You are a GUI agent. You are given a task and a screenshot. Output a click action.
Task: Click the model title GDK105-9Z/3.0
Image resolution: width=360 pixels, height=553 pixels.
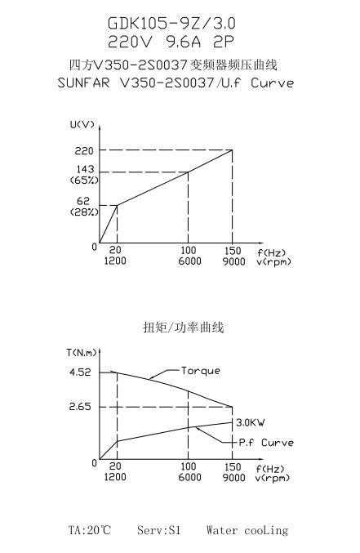pyautogui.click(x=171, y=23)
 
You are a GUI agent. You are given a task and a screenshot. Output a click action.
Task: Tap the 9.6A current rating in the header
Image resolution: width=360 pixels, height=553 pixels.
pyautogui.click(x=184, y=42)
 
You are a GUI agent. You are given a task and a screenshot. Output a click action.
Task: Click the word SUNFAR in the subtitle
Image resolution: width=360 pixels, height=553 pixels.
pyautogui.click(x=83, y=83)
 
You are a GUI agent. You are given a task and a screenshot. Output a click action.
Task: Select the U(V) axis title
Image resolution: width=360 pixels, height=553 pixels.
pyautogui.click(x=82, y=124)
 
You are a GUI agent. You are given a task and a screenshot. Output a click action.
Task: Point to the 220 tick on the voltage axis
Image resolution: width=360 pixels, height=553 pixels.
pyautogui.click(x=84, y=151)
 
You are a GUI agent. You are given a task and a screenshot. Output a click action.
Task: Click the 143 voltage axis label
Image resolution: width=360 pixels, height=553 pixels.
pyautogui.click(x=86, y=169)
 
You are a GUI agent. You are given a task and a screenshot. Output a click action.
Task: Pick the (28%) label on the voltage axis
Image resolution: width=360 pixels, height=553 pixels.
pyautogui.click(x=84, y=212)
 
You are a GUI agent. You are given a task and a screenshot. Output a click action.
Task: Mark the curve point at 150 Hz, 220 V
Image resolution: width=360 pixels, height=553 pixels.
pyautogui.click(x=232, y=149)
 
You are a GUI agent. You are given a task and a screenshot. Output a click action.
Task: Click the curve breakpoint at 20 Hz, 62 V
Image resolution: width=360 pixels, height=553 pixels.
pyautogui.click(x=117, y=205)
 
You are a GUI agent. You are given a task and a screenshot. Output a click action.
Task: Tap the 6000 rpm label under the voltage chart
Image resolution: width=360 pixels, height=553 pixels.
pyautogui.click(x=189, y=261)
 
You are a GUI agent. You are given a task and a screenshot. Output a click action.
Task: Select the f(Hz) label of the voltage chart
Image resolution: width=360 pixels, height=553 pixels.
pyautogui.click(x=272, y=252)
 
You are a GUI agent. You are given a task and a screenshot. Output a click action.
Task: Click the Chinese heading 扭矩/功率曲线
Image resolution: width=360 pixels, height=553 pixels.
pyautogui.click(x=184, y=328)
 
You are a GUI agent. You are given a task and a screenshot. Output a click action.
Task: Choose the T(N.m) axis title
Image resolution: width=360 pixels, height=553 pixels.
pyautogui.click(x=82, y=352)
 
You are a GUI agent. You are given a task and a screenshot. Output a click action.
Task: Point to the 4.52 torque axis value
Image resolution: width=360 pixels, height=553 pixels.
pyautogui.click(x=80, y=372)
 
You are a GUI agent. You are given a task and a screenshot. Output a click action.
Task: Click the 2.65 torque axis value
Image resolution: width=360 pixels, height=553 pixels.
pyautogui.click(x=80, y=407)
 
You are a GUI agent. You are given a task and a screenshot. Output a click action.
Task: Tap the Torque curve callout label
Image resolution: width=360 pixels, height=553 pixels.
pyautogui.click(x=201, y=371)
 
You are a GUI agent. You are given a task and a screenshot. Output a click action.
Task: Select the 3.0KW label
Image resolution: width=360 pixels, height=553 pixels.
pyautogui.click(x=251, y=422)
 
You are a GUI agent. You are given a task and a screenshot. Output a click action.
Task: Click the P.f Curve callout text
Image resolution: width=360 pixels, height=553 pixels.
pyautogui.click(x=266, y=443)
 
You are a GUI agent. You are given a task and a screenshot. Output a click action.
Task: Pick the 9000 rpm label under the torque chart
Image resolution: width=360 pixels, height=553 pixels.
pyautogui.click(x=233, y=478)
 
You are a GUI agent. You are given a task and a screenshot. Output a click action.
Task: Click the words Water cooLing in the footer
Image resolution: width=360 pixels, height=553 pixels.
pyautogui.click(x=247, y=530)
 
